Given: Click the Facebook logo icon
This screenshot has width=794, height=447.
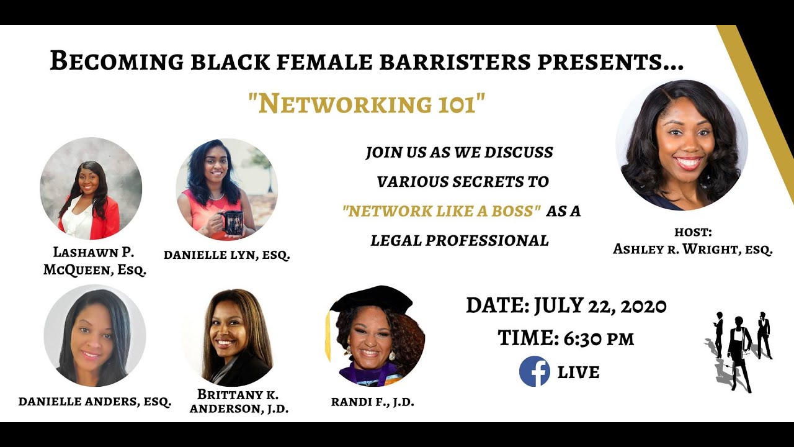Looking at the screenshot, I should pos(534,371).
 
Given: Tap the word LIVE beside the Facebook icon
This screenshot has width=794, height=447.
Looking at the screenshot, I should pos(579,372).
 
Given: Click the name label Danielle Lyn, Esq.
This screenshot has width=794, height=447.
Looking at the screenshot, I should pos(226,255).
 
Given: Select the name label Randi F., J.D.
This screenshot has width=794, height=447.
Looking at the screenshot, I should pos(372,402).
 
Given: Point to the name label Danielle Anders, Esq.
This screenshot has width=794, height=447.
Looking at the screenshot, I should pos(95,401).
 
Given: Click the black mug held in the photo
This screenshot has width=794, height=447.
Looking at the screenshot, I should pos(232,222).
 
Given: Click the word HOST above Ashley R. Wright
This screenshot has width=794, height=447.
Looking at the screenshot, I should pos(693,232).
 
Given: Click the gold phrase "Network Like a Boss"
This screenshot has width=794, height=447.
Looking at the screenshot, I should pos(440,211).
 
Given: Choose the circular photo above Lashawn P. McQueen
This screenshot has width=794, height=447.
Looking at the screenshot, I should pos(91,189).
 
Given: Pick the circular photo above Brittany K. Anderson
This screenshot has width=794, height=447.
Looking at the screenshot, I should pos(228,337).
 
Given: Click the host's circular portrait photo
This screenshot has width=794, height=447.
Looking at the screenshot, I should pos(681,145).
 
